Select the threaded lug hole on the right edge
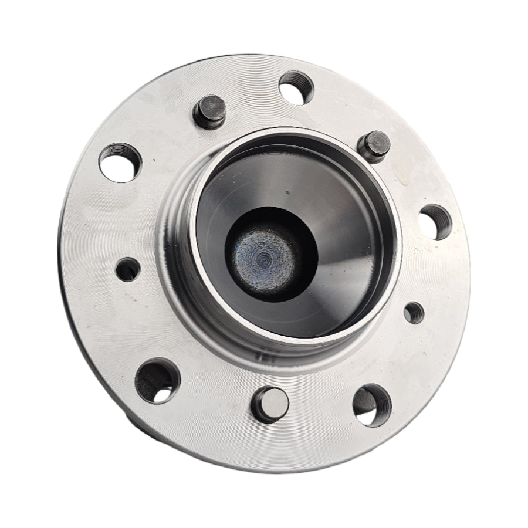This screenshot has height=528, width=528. point(435,222)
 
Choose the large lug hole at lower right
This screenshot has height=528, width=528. point(372,404)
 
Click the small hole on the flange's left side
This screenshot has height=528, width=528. point(128,269)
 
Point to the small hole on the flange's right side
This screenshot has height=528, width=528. point(414,312)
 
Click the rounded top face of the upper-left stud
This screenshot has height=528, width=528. point(209,106)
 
